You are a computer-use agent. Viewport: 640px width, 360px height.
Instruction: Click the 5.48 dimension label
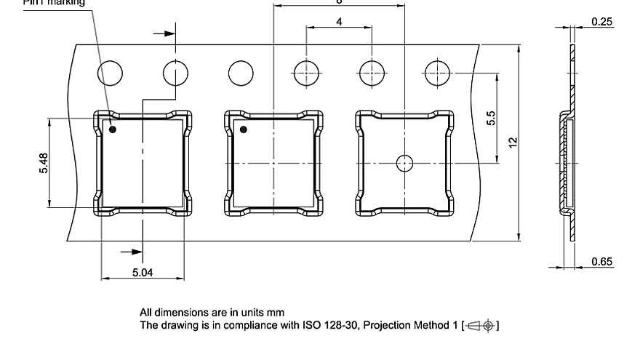(44, 163)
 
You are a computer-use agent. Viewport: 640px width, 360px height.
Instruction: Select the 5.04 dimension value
(143, 272)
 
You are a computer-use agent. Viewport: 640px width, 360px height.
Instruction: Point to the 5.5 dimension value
(491, 118)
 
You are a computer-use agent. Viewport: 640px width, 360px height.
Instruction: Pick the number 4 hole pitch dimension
(339, 22)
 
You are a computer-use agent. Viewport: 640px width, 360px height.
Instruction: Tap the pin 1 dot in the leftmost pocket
(113, 129)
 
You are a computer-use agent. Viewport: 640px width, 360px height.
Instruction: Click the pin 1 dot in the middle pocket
(244, 129)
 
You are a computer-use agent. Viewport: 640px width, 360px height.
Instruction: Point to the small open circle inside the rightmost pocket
(404, 163)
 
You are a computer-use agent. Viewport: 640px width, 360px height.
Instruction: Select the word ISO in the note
(312, 326)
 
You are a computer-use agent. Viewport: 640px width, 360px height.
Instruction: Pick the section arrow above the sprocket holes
(165, 33)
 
